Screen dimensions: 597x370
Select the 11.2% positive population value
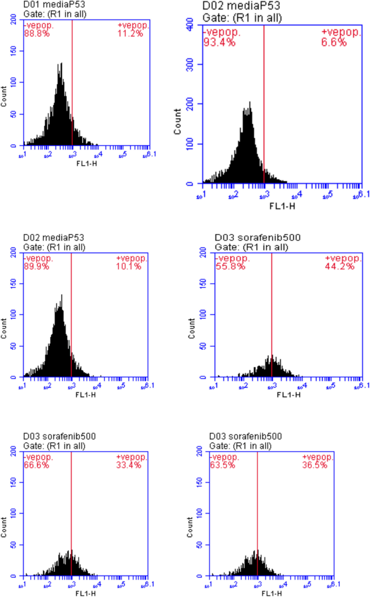130,33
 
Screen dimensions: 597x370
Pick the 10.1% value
129,266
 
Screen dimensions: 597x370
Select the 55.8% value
227,266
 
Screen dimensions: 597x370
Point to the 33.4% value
129,465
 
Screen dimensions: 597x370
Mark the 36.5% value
315,465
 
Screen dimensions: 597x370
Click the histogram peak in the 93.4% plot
249,103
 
